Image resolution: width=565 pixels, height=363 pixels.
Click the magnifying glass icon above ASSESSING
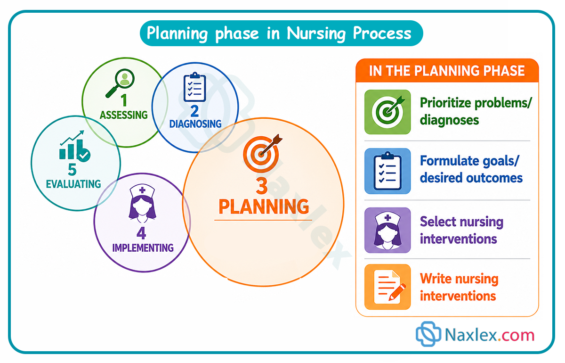pyautogui.click(x=120, y=83)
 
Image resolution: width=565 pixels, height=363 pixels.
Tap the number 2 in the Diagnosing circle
pyautogui.click(x=194, y=111)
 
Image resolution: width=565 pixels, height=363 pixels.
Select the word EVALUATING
pyautogui.click(x=73, y=184)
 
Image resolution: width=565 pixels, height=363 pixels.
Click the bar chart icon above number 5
pyautogui.click(x=75, y=146)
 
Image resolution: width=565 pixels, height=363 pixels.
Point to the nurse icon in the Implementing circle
pyautogui.click(x=142, y=204)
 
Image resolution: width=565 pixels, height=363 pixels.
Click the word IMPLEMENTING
pyautogui.click(x=143, y=248)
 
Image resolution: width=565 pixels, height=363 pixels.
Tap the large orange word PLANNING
pyautogui.click(x=264, y=206)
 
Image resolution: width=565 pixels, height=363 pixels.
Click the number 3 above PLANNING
pyautogui.click(x=262, y=186)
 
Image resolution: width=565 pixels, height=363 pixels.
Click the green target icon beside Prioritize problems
pyautogui.click(x=387, y=112)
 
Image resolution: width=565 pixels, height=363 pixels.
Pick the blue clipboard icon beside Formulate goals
pyautogui.click(x=387, y=171)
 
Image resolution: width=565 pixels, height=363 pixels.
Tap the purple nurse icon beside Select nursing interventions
pyautogui.click(x=387, y=230)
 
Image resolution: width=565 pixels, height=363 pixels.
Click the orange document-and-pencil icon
pyautogui.click(x=387, y=287)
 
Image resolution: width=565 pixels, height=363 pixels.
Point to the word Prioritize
pyautogui.click(x=445, y=103)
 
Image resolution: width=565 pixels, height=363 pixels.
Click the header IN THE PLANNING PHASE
pyautogui.click(x=447, y=71)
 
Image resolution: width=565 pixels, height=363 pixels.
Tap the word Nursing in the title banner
pyautogui.click(x=316, y=33)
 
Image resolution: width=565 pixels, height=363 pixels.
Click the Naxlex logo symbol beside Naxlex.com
pyautogui.click(x=428, y=334)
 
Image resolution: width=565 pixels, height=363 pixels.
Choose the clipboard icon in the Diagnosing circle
pyautogui.click(x=194, y=87)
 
